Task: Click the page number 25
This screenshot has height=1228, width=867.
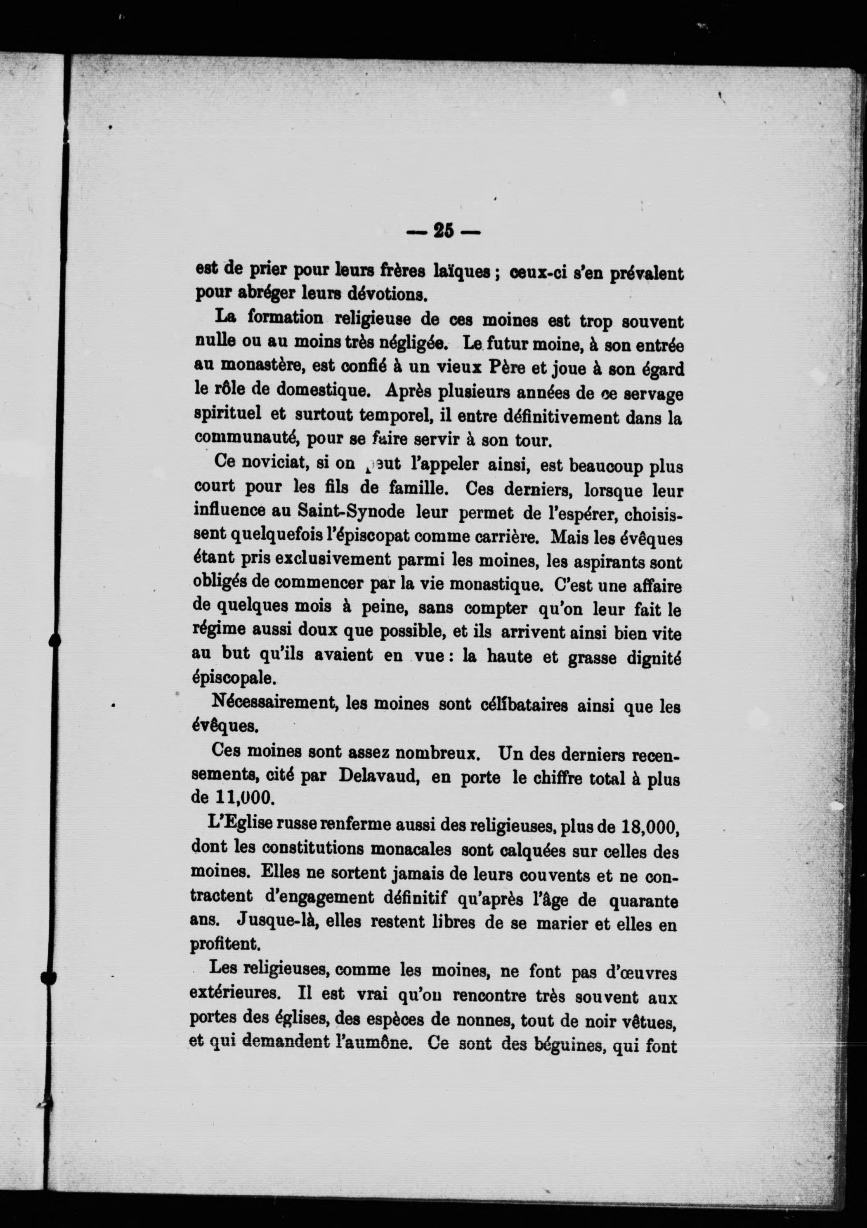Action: click(x=443, y=231)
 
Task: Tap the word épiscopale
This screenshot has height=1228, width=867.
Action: click(x=233, y=678)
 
